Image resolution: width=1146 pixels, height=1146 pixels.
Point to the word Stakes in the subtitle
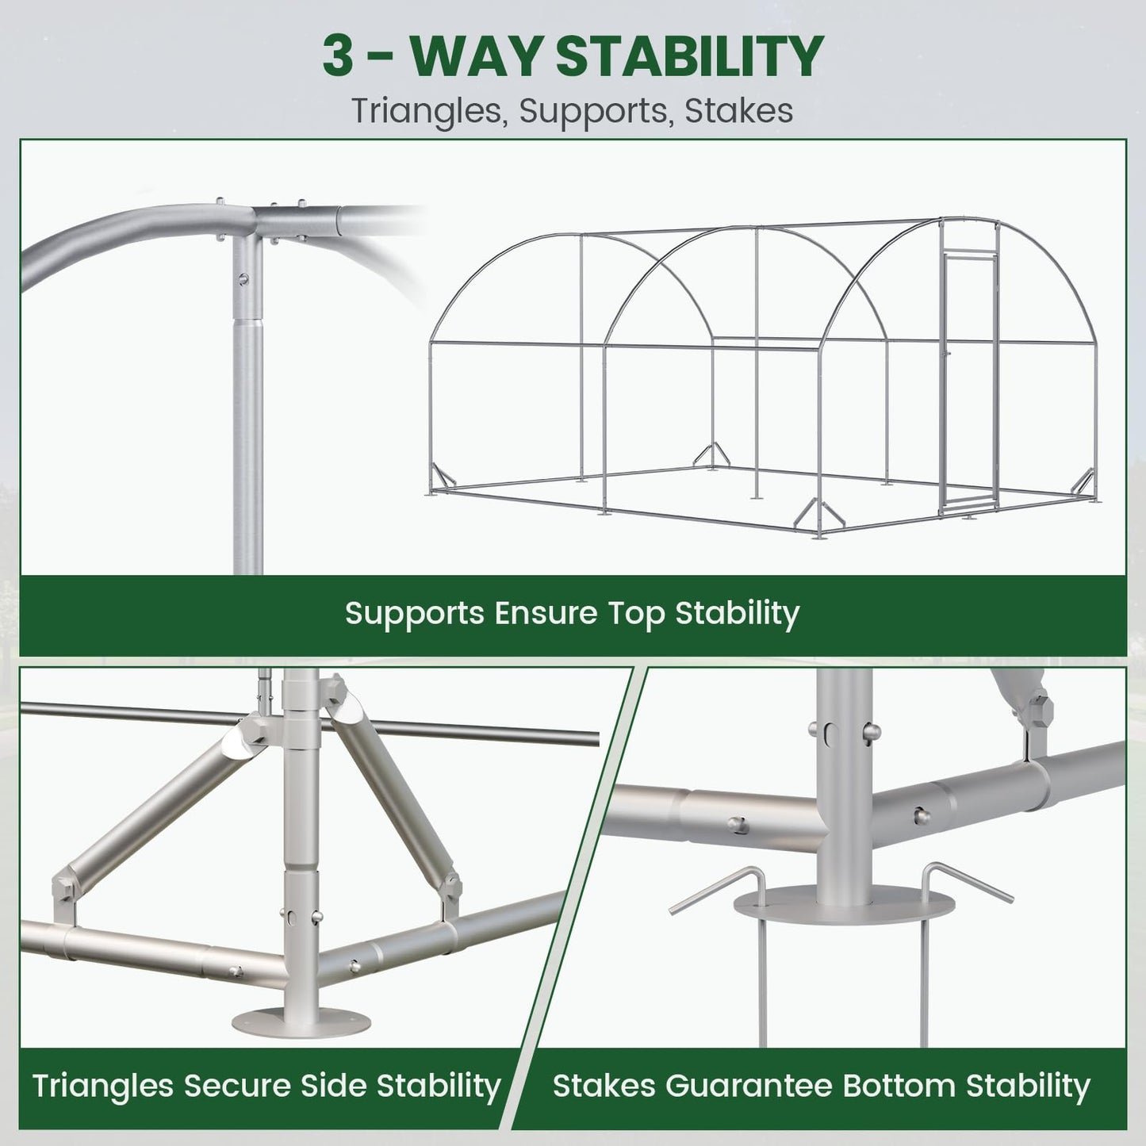pyautogui.click(x=738, y=110)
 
